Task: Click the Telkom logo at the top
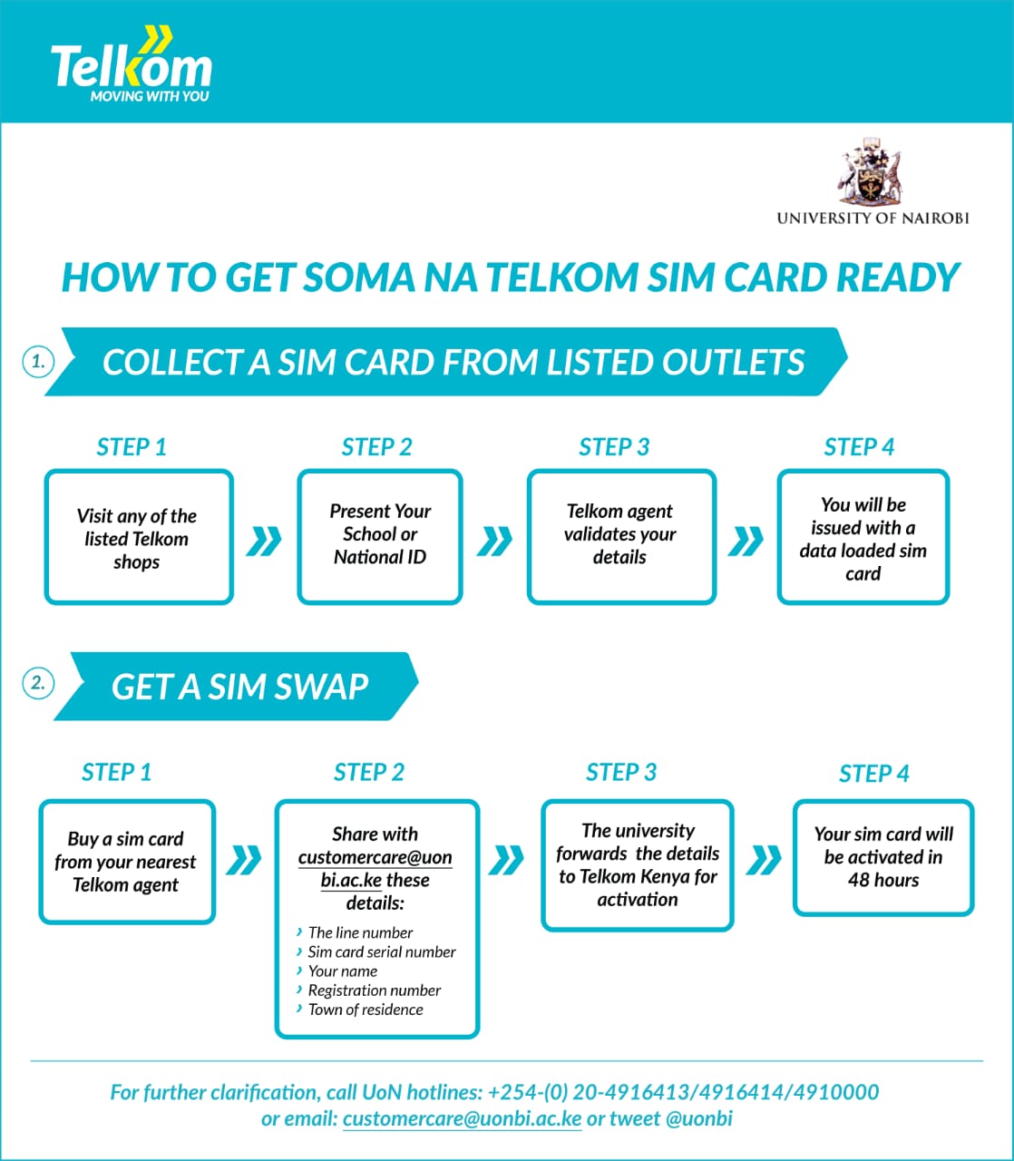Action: click(132, 67)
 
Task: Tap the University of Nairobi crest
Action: click(870, 172)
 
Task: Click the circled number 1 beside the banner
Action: click(38, 362)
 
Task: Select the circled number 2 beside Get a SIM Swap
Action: click(38, 683)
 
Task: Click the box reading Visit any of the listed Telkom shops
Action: click(138, 538)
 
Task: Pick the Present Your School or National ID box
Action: click(380, 536)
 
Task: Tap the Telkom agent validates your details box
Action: click(620, 536)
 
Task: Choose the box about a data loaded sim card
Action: click(863, 538)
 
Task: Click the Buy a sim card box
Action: click(126, 862)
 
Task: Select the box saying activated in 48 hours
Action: click(882, 857)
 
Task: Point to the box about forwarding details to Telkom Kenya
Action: click(637, 864)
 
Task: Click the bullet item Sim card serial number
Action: click(381, 951)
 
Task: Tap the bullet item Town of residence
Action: click(365, 1010)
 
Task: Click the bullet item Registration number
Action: click(374, 990)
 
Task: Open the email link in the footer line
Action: click(462, 1119)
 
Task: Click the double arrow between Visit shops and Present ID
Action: click(264, 541)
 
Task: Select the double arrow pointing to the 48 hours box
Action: click(764, 859)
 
